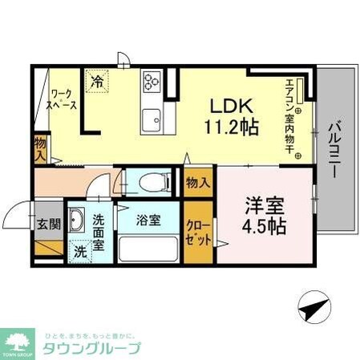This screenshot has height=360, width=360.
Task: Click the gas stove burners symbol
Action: pyautogui.click(x=152, y=81)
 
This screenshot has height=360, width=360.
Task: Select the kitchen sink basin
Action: pyautogui.click(x=152, y=123)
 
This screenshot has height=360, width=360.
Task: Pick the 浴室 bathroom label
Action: pyautogui.click(x=149, y=219)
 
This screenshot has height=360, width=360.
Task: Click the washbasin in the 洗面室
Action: pyautogui.click(x=79, y=219)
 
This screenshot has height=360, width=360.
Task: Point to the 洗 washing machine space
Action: pyautogui.click(x=80, y=249)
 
